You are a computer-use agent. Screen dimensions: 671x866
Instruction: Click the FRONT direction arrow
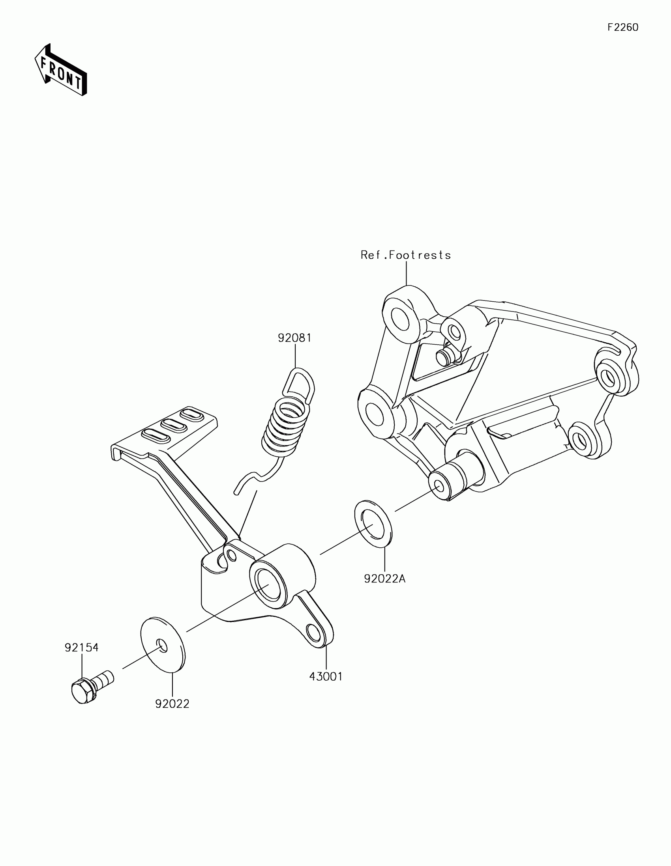coord(61,71)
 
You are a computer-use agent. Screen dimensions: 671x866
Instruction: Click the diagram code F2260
coord(622,27)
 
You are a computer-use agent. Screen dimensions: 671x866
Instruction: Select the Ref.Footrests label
coord(405,255)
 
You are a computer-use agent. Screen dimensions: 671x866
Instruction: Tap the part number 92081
coord(294,338)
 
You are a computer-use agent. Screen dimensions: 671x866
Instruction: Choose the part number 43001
coord(326,676)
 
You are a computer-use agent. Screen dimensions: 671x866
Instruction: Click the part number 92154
coord(82,648)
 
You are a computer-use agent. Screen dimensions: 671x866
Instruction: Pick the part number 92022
coord(172,704)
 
